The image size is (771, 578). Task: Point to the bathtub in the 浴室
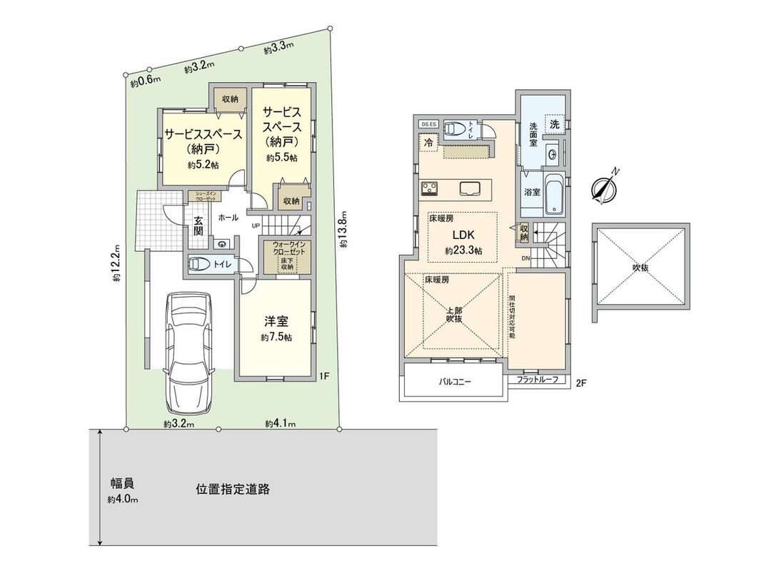[x=555, y=193]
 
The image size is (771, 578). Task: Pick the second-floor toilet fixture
[x=455, y=129]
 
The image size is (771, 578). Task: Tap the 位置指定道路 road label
[x=233, y=490]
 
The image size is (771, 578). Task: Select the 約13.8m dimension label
[x=343, y=228]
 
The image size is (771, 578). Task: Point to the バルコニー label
[x=455, y=382]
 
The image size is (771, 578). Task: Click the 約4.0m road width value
[x=123, y=499]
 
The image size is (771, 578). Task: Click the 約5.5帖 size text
[x=281, y=158]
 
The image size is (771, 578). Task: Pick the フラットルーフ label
[x=537, y=380]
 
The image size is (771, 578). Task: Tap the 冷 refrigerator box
[x=428, y=143]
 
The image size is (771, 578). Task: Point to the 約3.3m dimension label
[x=278, y=50]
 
